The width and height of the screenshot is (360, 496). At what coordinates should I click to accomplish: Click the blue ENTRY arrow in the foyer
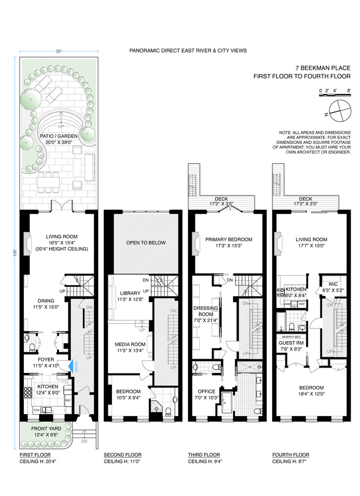73,366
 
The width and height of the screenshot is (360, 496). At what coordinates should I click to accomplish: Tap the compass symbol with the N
338,110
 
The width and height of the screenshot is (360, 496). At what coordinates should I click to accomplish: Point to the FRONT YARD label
47,428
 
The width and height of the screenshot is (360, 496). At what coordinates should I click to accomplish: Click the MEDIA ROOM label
129,344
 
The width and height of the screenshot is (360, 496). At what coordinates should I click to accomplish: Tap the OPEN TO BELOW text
146,243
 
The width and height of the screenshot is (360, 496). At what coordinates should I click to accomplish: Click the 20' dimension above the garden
59,51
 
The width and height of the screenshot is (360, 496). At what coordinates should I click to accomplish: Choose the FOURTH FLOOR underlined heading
291,454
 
